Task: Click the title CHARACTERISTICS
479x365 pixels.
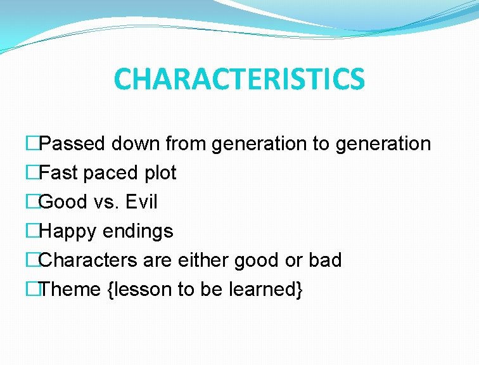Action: pyautogui.click(x=239, y=79)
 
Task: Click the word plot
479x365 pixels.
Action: pyautogui.click(x=158, y=173)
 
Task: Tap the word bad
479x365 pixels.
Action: pyautogui.click(x=325, y=260)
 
